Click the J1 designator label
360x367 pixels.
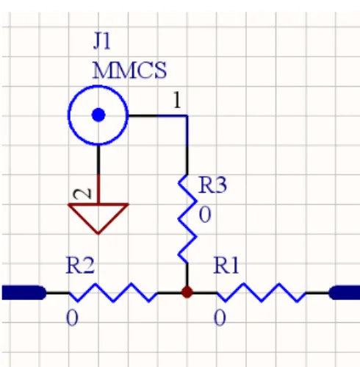102,42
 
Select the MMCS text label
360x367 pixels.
129,71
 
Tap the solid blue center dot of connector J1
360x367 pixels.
98,115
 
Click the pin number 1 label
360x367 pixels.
177,100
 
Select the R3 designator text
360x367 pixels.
213,185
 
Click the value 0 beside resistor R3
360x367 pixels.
205,215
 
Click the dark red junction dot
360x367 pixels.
187,293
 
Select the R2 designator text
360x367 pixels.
80,266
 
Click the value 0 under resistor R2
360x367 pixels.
72,318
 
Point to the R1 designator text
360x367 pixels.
226,266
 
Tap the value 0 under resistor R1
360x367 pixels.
220,318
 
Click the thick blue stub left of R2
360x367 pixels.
24,293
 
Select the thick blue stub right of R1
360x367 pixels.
344,293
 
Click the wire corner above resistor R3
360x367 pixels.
187,115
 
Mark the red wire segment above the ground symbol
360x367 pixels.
98,189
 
